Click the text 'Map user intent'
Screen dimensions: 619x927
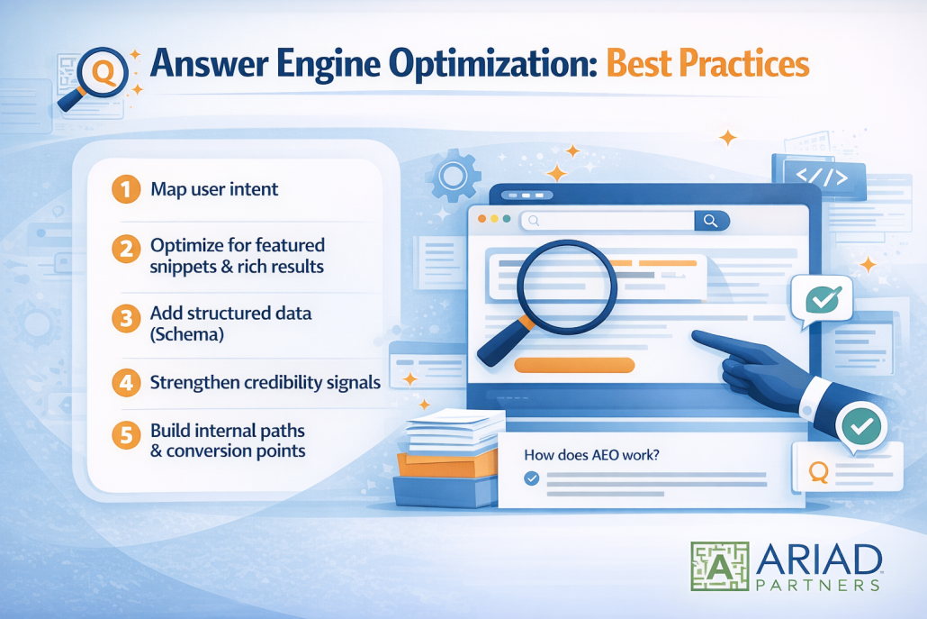214,189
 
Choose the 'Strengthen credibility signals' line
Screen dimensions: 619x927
265,382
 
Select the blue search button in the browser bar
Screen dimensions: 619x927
711,220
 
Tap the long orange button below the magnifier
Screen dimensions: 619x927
573,365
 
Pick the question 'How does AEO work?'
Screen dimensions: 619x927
591,455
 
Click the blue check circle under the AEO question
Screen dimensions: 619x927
532,478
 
